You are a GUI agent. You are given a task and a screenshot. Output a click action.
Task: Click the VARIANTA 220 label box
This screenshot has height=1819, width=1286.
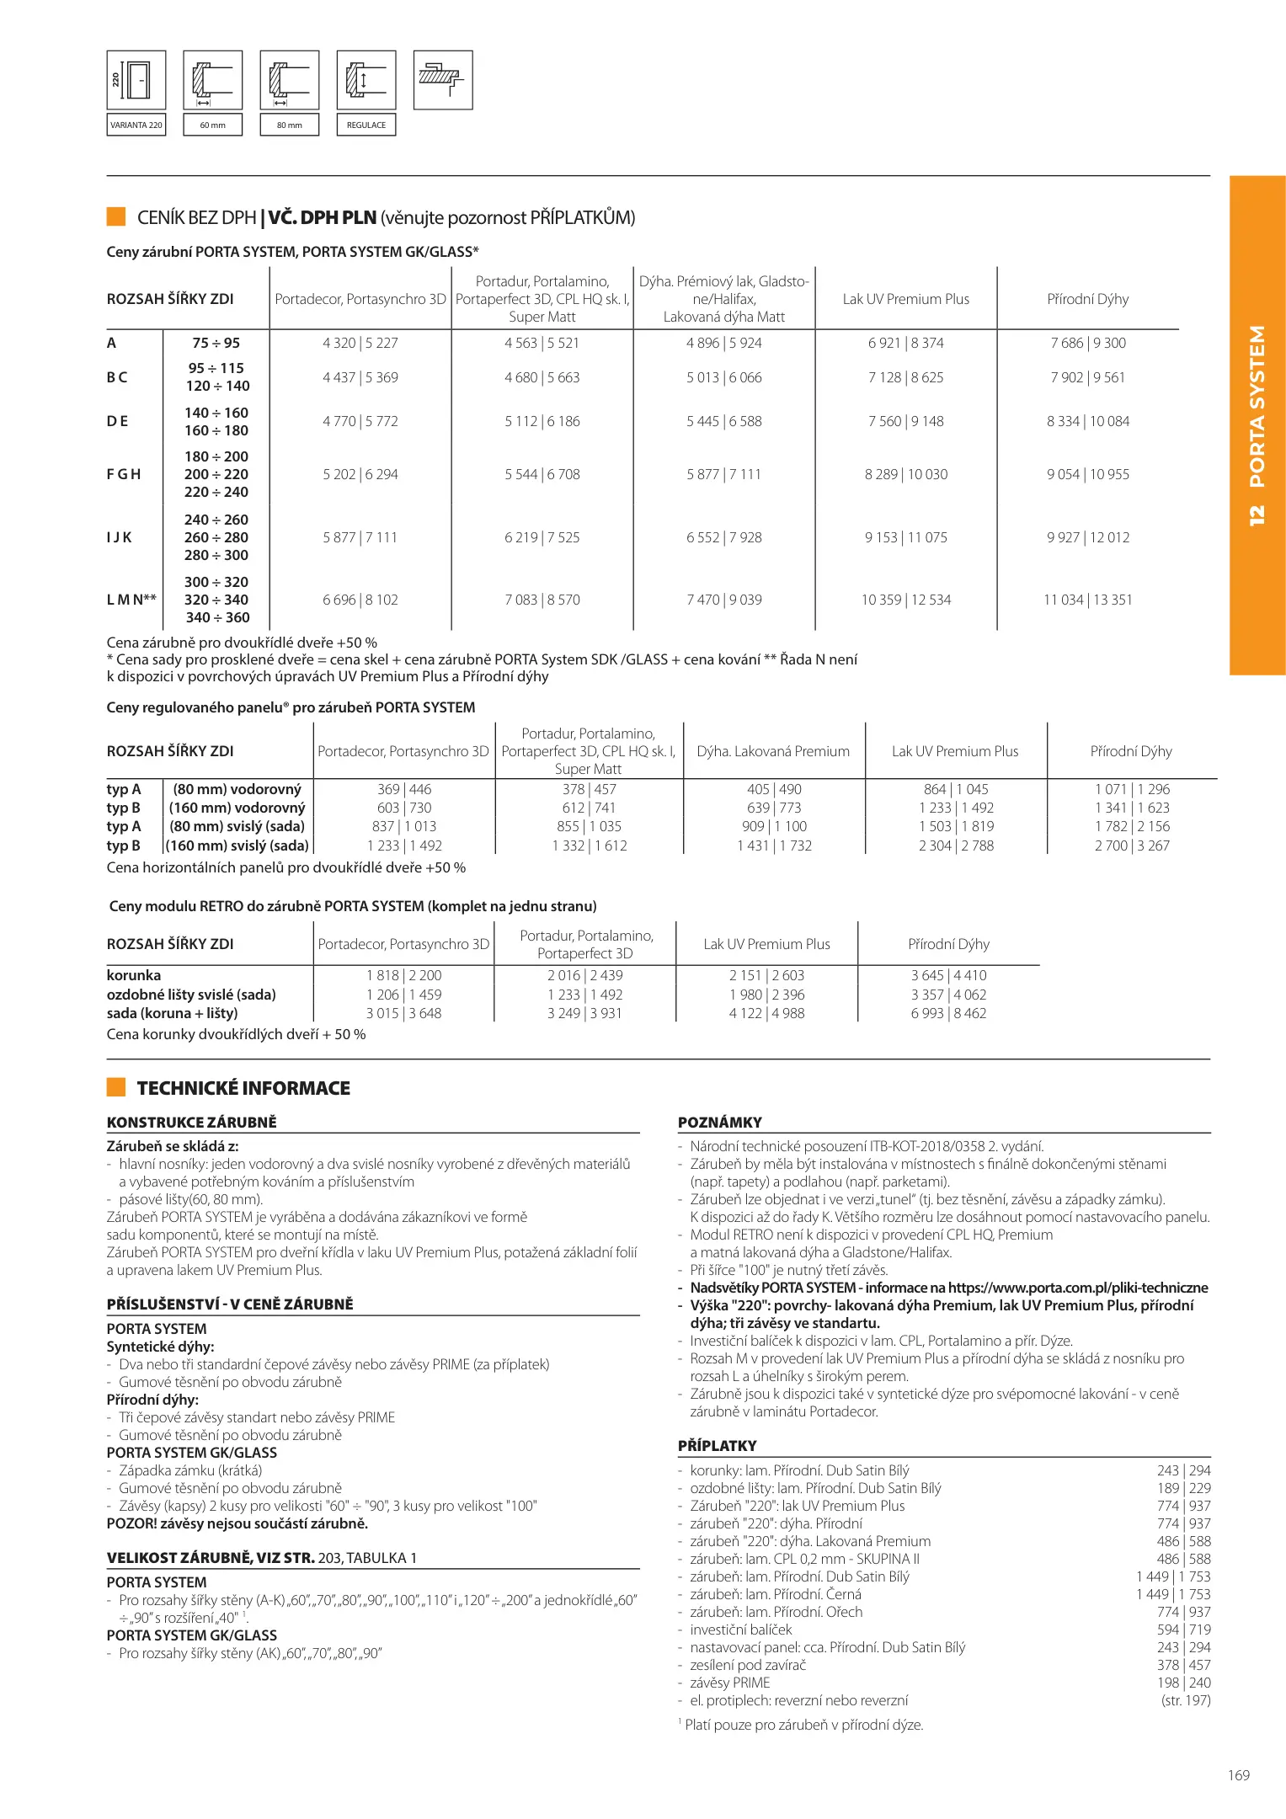136,125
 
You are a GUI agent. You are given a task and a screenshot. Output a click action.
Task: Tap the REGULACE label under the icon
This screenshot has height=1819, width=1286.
366,125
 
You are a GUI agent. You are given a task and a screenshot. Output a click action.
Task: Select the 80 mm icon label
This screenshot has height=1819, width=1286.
289,125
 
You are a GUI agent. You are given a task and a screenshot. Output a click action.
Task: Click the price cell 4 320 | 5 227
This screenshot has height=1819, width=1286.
360,343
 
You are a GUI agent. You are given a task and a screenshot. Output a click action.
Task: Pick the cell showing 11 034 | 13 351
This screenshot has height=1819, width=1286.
1087,600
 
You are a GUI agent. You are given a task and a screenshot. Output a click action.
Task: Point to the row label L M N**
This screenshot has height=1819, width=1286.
131,600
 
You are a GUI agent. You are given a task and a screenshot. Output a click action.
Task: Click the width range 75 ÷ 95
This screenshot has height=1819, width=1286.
216,343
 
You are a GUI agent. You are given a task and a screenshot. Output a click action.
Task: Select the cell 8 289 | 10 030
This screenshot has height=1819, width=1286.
905,474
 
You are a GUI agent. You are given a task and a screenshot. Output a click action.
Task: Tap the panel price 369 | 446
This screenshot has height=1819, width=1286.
404,789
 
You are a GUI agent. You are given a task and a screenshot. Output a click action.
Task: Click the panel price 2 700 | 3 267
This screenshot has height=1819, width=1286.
1132,845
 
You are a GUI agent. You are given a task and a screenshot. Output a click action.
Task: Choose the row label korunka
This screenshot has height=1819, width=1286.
134,975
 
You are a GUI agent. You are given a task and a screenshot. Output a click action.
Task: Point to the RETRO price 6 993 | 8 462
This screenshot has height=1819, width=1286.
948,1013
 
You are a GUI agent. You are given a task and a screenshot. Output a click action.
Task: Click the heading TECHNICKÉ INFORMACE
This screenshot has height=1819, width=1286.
243,1088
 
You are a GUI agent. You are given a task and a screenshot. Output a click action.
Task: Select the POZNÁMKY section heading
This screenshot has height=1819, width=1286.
720,1123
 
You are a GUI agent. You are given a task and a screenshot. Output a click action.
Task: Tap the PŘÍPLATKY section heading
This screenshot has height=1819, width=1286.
718,1446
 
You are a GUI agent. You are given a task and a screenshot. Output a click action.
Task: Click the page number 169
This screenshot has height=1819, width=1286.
1238,1775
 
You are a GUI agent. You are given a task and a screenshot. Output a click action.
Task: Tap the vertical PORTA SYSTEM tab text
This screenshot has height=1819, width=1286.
1257,425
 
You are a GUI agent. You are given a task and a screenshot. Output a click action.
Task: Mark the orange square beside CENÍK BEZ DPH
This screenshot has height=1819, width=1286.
116,216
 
